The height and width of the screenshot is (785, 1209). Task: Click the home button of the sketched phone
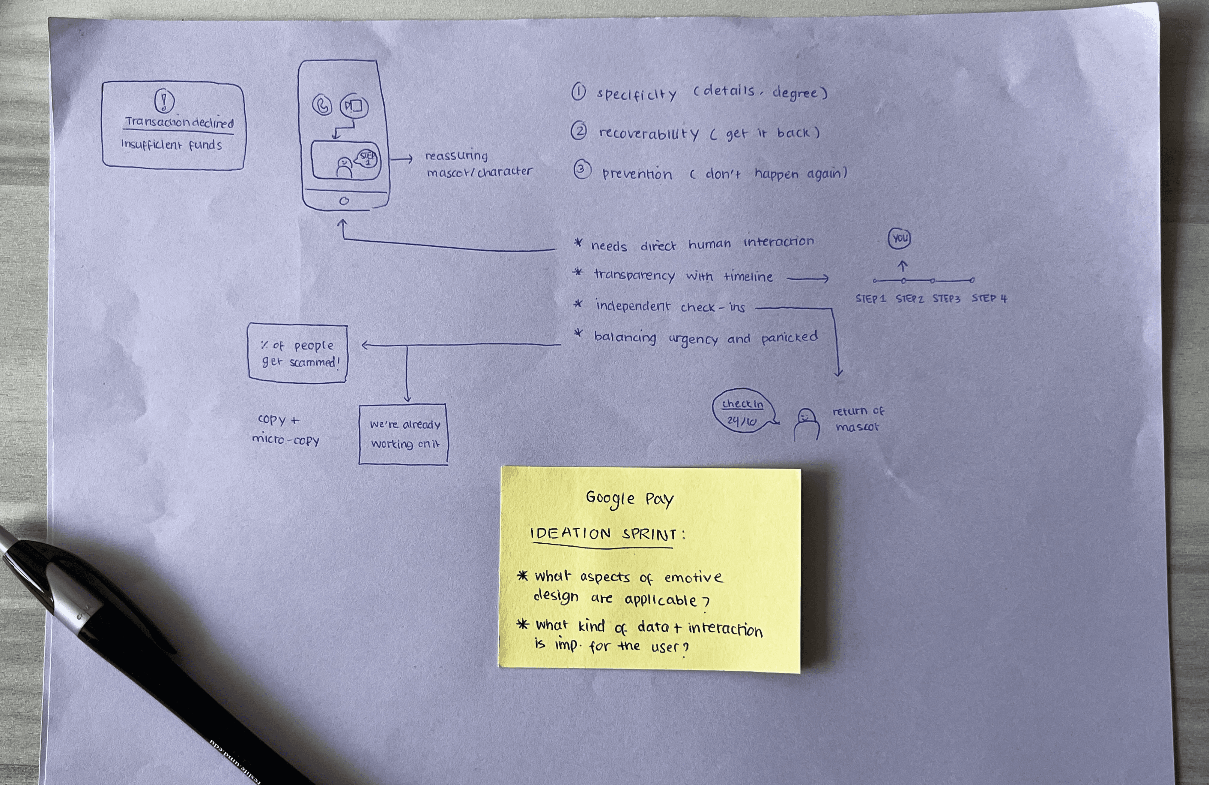[x=344, y=201]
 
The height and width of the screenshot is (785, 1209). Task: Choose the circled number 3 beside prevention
[x=582, y=169]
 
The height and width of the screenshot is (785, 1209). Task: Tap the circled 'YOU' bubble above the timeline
[x=899, y=238]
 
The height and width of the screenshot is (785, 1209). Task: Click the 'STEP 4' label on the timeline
[x=989, y=298]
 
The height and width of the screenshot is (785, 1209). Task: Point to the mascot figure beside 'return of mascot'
[x=806, y=424]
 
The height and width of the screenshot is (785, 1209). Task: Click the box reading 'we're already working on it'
[x=403, y=434]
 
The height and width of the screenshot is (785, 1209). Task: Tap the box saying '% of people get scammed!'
[x=298, y=353]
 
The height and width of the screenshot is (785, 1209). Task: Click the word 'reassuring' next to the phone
[x=456, y=155]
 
